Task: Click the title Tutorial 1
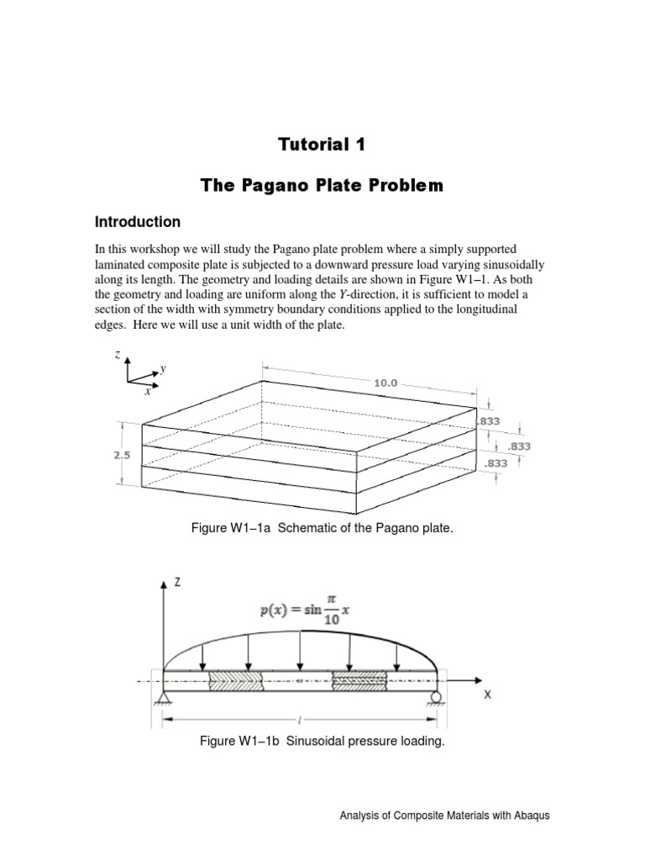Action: tap(322, 145)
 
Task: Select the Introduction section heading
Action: tap(138, 222)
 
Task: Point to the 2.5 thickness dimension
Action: tap(123, 454)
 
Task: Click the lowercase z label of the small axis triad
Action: tap(118, 356)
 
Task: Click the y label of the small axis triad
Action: tap(163, 367)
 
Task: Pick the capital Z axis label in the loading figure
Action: tap(177, 582)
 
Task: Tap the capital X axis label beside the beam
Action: tap(486, 696)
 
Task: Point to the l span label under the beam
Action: tap(299, 721)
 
